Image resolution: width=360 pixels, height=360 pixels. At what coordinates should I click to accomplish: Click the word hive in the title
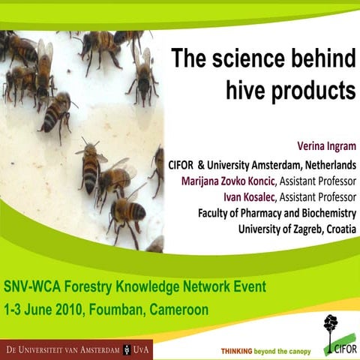pyautogui.click(x=247, y=90)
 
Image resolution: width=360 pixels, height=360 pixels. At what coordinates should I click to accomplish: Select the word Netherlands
pyautogui.click(x=328, y=164)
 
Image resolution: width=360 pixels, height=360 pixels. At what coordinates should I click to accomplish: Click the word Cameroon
pyautogui.click(x=178, y=309)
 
